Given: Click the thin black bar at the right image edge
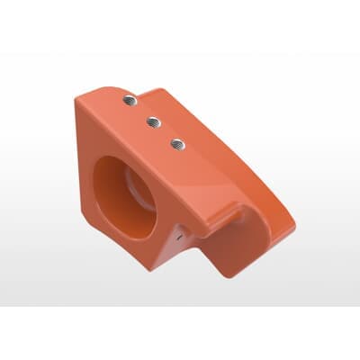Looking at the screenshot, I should [358, 180].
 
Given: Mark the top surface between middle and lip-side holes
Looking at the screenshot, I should [166, 130].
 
